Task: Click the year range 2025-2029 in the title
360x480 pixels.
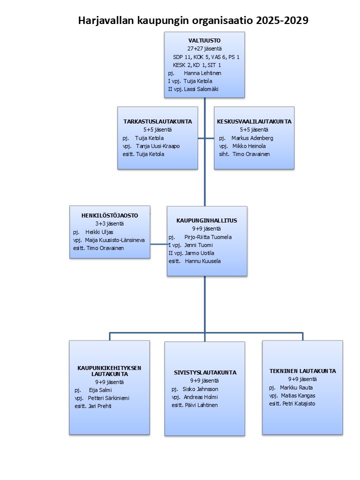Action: pos(282,20)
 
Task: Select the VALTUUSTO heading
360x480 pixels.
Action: pos(204,40)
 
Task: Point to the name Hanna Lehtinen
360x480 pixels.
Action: pos(202,73)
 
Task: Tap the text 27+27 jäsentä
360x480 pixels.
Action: pos(204,48)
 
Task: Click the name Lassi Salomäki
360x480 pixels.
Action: pos(201,89)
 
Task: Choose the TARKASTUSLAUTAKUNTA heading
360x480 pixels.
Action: pos(157,121)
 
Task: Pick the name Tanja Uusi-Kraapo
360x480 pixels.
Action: pos(157,146)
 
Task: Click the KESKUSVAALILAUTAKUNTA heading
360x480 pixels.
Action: pos(254,121)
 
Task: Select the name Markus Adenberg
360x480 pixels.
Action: pos(252,138)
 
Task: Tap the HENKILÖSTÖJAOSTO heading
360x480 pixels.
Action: pos(109,215)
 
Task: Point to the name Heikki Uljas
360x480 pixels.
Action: pos(99,232)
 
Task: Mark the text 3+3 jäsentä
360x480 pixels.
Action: pos(109,224)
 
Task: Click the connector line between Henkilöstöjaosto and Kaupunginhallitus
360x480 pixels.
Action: pos(159,244)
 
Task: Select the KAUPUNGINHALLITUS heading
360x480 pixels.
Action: pos(206,220)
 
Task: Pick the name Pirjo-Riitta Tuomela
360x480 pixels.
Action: pos(208,237)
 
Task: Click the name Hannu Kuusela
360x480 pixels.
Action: pos(202,261)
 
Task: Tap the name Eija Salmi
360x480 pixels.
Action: pos(100,390)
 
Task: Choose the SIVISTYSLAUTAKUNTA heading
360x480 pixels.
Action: pos(205,372)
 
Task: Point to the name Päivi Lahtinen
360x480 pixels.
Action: pos(201,405)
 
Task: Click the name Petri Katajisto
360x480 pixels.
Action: pos(298,403)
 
